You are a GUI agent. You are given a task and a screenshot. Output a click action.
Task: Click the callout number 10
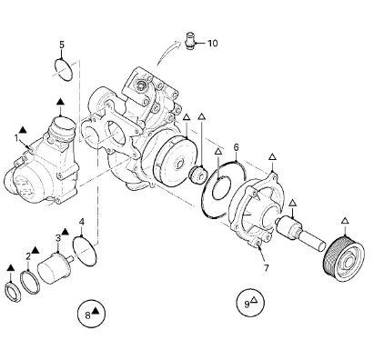click(x=213, y=44)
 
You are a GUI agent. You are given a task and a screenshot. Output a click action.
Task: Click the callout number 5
click(x=62, y=45)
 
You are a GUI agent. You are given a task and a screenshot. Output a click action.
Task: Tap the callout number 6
click(x=236, y=147)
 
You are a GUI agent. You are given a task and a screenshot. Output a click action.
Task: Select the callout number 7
click(x=266, y=268)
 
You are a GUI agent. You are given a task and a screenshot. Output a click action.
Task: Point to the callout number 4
click(x=82, y=222)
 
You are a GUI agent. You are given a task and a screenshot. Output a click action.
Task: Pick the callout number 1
click(x=16, y=138)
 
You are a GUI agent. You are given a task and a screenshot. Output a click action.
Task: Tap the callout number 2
click(x=28, y=257)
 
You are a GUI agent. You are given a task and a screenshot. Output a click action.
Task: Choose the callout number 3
click(x=58, y=238)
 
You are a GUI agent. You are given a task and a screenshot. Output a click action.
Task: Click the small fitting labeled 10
click(x=190, y=41)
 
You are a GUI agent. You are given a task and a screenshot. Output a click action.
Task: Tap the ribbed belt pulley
click(x=344, y=258)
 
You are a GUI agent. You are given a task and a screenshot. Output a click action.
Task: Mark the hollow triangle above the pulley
click(x=345, y=221)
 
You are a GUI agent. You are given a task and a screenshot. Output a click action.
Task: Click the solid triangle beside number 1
click(x=23, y=130)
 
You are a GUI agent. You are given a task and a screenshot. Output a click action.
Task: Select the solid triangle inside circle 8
click(x=96, y=310)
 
